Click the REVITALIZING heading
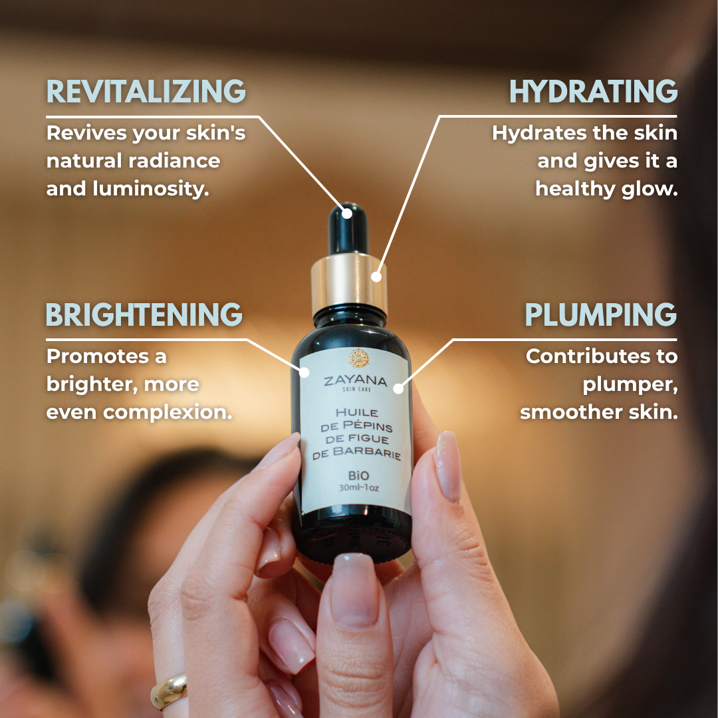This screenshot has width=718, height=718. [x=146, y=91]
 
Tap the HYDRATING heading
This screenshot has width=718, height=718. [x=593, y=91]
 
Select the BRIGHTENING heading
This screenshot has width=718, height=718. [x=144, y=314]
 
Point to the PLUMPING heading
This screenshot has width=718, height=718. [x=600, y=314]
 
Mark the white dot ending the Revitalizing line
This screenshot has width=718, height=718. [x=346, y=213]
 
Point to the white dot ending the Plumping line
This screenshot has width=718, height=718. [x=398, y=388]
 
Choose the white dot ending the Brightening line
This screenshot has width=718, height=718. [x=304, y=372]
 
